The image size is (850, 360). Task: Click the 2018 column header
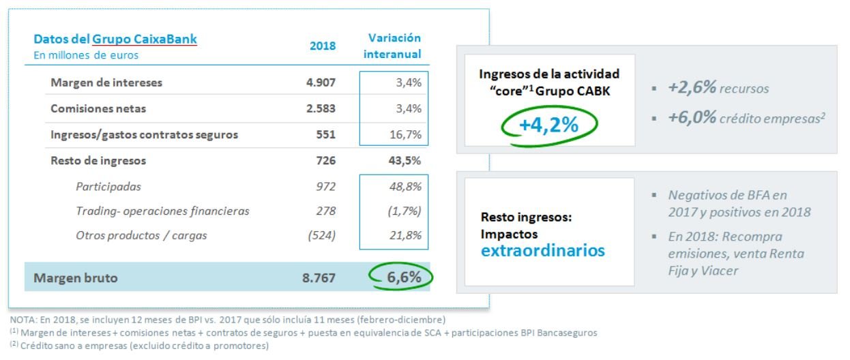[323, 46]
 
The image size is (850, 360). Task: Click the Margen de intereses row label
[106, 82]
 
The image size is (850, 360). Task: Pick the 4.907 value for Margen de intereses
[321, 82]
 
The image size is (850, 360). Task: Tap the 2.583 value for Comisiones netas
[321, 108]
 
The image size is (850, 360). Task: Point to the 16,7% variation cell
[405, 134]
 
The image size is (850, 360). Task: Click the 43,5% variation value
[405, 161]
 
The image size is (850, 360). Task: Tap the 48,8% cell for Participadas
[405, 185]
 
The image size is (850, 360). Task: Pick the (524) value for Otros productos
[321, 236]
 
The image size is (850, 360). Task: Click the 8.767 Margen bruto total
[320, 277]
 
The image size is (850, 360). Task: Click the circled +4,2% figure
[551, 125]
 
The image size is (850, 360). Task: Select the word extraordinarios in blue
[543, 250]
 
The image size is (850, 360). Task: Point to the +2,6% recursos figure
[692, 89]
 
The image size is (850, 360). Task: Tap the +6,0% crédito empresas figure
[692, 117]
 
